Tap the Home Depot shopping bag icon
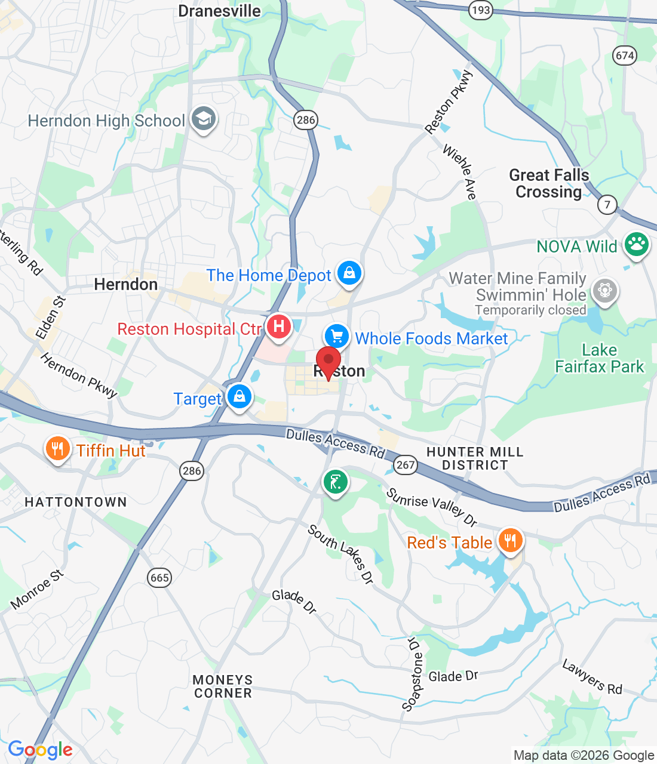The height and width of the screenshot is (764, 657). coord(349,273)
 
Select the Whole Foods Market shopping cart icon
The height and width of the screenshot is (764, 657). coord(337,336)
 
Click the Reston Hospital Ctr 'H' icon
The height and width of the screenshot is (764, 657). coord(278,326)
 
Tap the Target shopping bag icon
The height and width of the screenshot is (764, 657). coord(239,396)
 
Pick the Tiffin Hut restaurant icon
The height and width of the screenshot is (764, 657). coord(57,448)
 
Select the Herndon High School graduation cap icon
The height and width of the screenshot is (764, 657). coord(204,119)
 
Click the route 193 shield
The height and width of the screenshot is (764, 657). coord(480,10)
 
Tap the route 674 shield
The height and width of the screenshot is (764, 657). coord(625,56)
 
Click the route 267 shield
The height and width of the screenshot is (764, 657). coord(406,464)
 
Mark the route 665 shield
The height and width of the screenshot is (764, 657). coord(159,577)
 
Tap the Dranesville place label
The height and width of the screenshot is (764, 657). coord(219,11)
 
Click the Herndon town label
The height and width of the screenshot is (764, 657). coord(126,284)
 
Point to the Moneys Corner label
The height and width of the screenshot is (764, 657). coord(223,686)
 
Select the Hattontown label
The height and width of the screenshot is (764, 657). coord(76,502)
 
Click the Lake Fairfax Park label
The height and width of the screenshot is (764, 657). coord(600,358)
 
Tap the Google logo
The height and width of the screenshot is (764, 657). coord(41,750)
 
